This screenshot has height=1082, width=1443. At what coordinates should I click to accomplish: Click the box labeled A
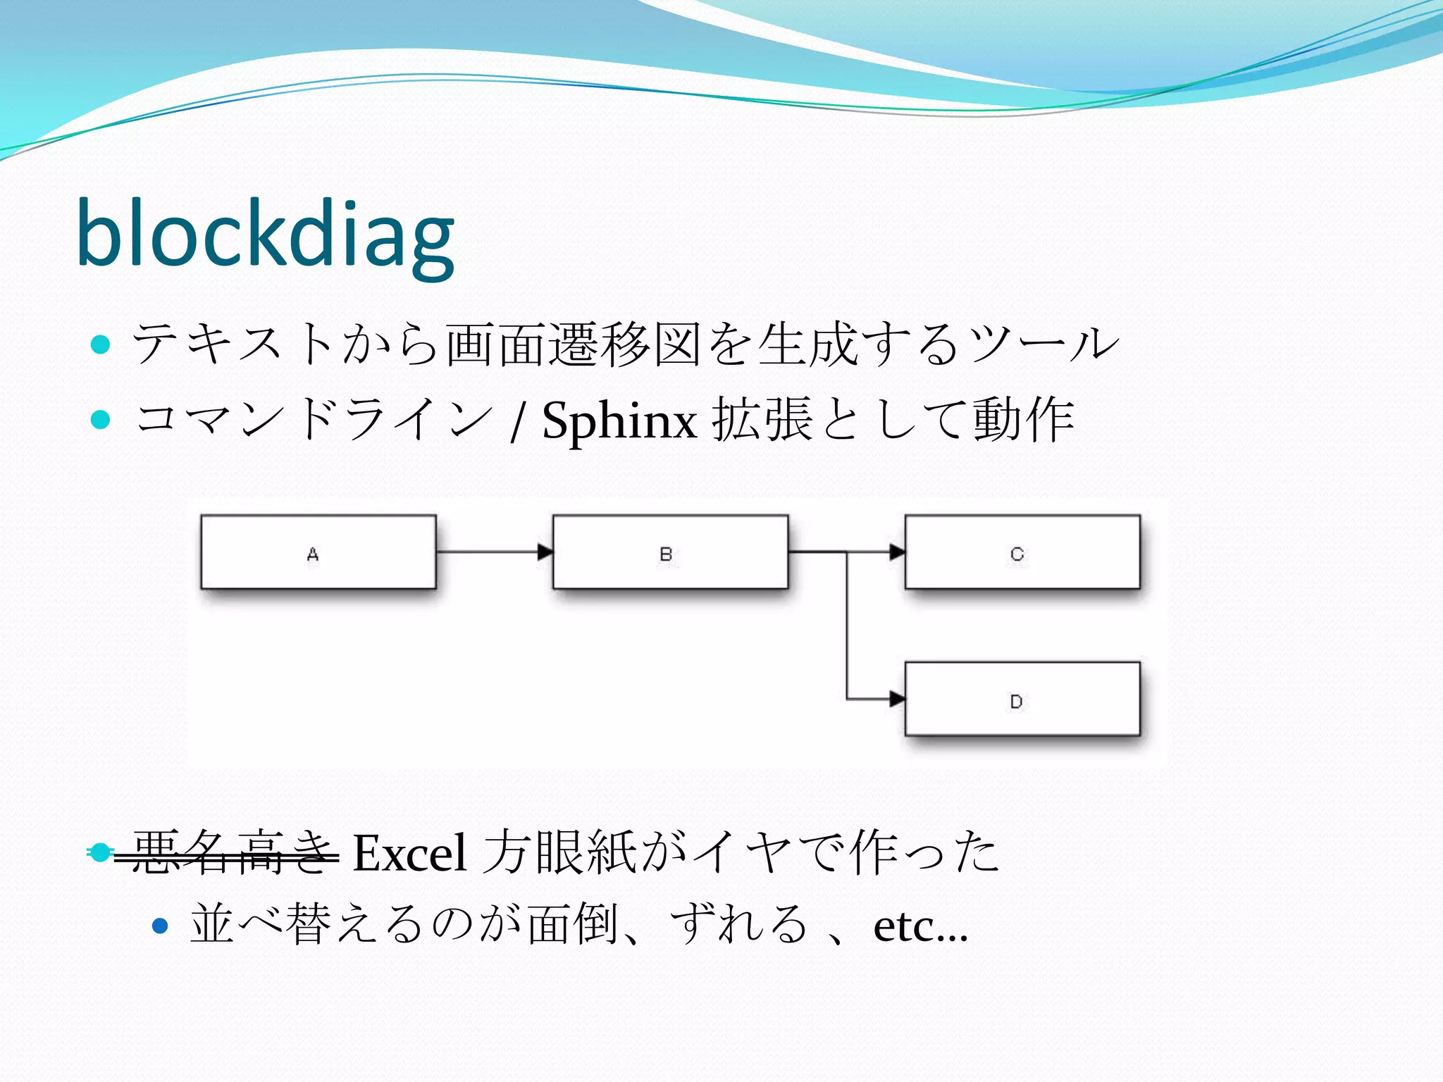(318, 552)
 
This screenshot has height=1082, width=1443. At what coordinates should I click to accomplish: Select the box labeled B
(670, 552)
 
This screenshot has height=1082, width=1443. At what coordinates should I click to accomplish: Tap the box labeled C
(1022, 552)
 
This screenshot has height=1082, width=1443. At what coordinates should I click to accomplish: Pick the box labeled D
(1022, 699)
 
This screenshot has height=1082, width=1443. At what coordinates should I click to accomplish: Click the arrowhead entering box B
(545, 552)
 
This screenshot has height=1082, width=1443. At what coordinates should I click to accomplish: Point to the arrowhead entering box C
(897, 552)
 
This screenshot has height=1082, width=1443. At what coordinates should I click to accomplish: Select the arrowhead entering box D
(897, 699)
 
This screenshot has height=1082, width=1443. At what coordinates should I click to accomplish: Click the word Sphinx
(619, 421)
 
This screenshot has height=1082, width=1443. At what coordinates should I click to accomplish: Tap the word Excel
(409, 853)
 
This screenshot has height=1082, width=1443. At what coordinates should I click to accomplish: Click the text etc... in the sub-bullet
(919, 926)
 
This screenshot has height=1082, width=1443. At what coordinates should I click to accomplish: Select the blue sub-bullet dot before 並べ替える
(161, 926)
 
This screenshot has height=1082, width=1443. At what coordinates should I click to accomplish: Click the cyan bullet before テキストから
(101, 344)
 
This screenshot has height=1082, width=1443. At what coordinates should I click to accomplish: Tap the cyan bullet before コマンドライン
(101, 420)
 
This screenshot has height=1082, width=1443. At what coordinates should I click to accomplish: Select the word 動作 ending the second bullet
(1023, 420)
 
